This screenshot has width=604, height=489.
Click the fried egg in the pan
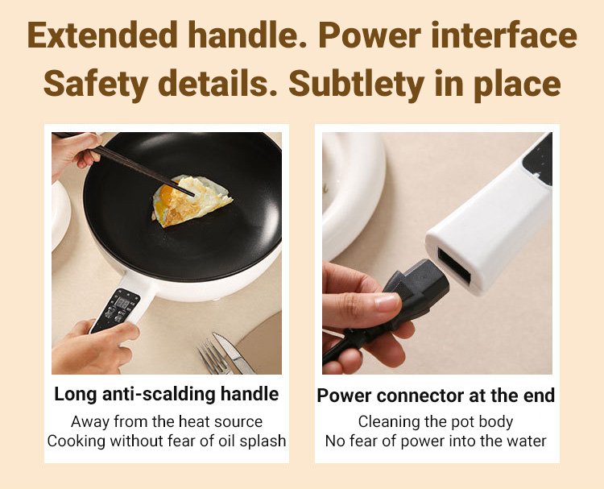pyautogui.click(x=192, y=201)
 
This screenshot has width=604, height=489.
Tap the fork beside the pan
pyautogui.click(x=213, y=356)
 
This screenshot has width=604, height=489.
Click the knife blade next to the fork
pyautogui.click(x=234, y=353)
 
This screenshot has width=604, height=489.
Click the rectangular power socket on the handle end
pyautogui.click(x=453, y=265)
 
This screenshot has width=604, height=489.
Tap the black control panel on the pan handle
pyautogui.click(x=115, y=311)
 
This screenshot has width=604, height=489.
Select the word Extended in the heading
pyautogui.click(x=103, y=35)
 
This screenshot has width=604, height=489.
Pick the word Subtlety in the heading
pyautogui.click(x=356, y=84)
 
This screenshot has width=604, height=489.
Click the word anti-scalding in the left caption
pyautogui.click(x=159, y=394)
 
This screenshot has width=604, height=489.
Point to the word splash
pyautogui.click(x=263, y=441)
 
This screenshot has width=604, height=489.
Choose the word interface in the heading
pyautogui.click(x=504, y=35)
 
